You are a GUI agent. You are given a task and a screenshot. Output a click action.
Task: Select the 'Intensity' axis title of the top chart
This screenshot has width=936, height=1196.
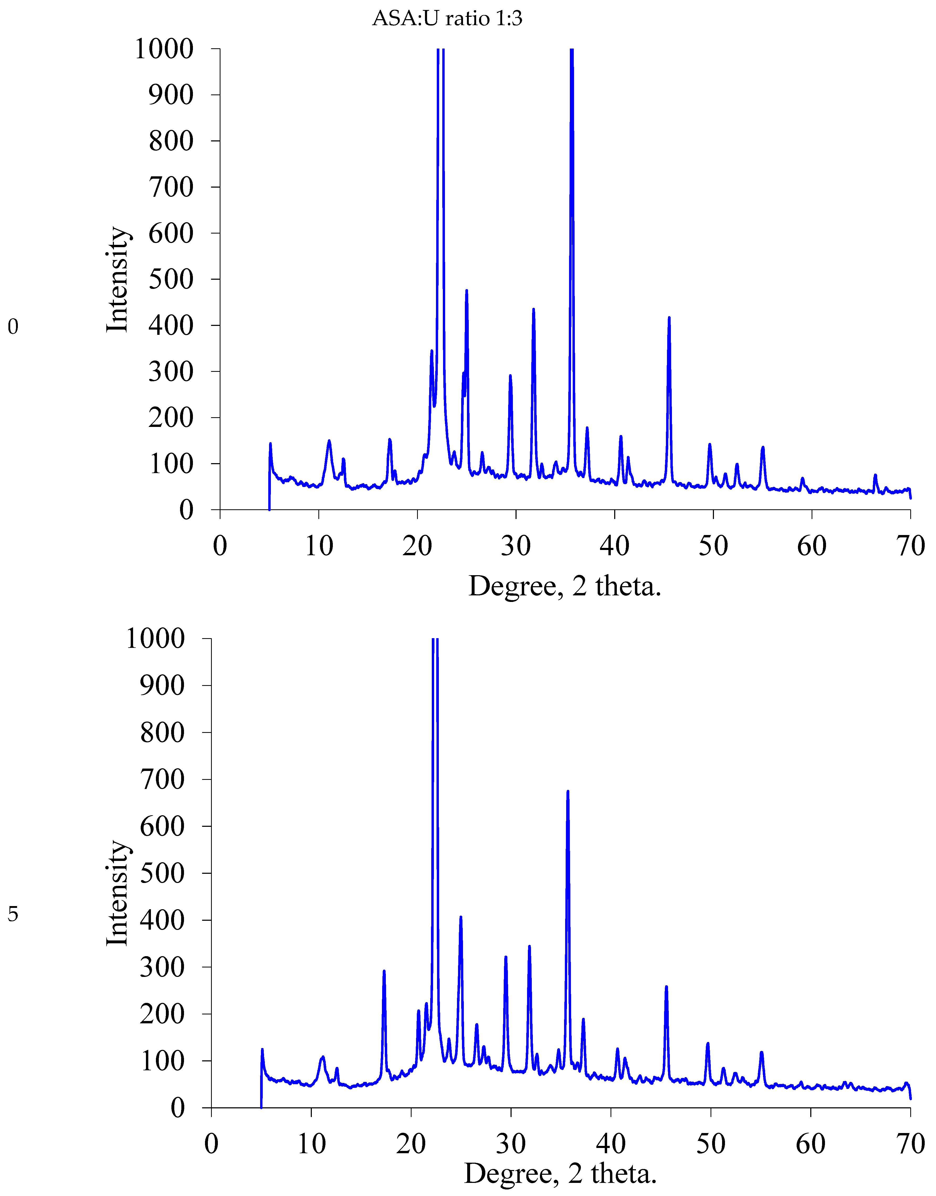[117, 279]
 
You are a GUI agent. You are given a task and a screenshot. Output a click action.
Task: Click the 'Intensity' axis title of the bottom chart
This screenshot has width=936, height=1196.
[117, 894]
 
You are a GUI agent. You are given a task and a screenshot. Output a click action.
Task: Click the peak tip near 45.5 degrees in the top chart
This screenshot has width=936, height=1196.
[669, 318]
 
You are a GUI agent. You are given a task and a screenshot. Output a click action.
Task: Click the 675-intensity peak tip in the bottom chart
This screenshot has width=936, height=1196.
[568, 791]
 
